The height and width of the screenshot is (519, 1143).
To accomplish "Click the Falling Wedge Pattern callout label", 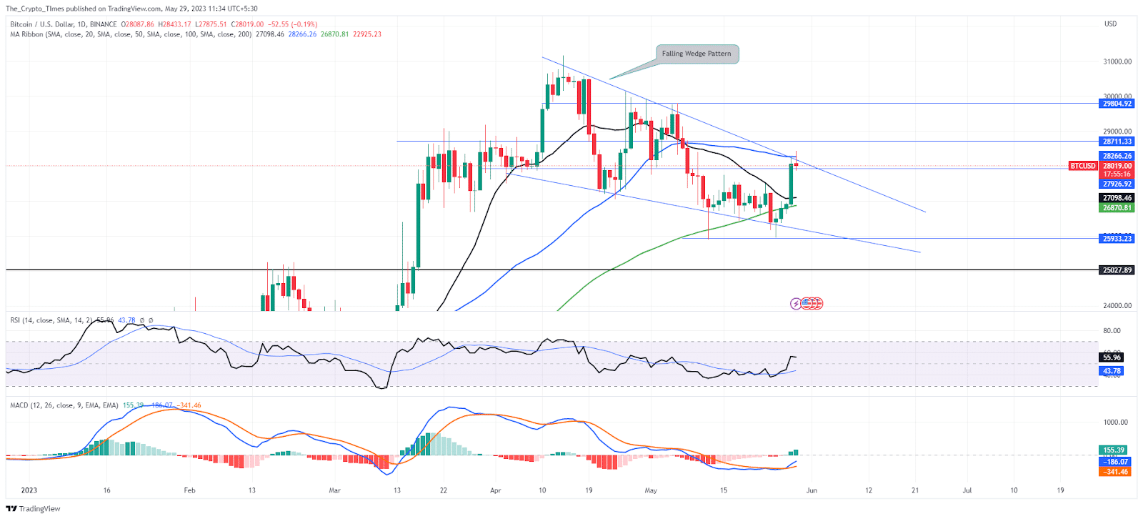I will click(x=697, y=54).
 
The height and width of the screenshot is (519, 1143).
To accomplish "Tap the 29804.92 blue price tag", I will click(x=1117, y=104).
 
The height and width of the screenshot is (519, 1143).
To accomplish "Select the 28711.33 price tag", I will click(x=1117, y=142).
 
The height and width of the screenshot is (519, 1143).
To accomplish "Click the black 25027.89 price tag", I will click(x=1117, y=270).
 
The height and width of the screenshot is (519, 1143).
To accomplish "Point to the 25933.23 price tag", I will click(x=1117, y=239).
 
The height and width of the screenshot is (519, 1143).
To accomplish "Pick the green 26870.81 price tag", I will click(x=1117, y=208).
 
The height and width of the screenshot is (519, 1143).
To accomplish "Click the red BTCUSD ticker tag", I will click(x=1082, y=166).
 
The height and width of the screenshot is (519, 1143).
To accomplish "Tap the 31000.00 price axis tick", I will click(x=1117, y=61).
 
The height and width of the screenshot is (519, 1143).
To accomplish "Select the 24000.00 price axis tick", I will click(x=1117, y=306).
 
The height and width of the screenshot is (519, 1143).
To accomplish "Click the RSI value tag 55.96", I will click(x=1112, y=357).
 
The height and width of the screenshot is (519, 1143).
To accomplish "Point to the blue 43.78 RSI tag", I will click(x=1112, y=371).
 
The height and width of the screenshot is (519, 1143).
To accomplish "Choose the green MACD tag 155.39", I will click(x=1114, y=450).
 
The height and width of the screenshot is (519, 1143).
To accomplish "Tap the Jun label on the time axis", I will click(x=812, y=490).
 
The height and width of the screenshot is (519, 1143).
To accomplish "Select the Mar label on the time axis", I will click(x=334, y=490).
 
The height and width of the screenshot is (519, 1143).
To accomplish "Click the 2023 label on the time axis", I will click(x=29, y=490).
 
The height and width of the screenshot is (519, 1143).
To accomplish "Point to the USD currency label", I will click(x=1110, y=24).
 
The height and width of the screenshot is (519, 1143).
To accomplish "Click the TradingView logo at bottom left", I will click(x=34, y=509).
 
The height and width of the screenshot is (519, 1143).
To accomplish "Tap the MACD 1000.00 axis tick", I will click(x=1116, y=422).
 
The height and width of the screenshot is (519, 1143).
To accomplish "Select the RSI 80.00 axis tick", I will click(x=1112, y=331).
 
